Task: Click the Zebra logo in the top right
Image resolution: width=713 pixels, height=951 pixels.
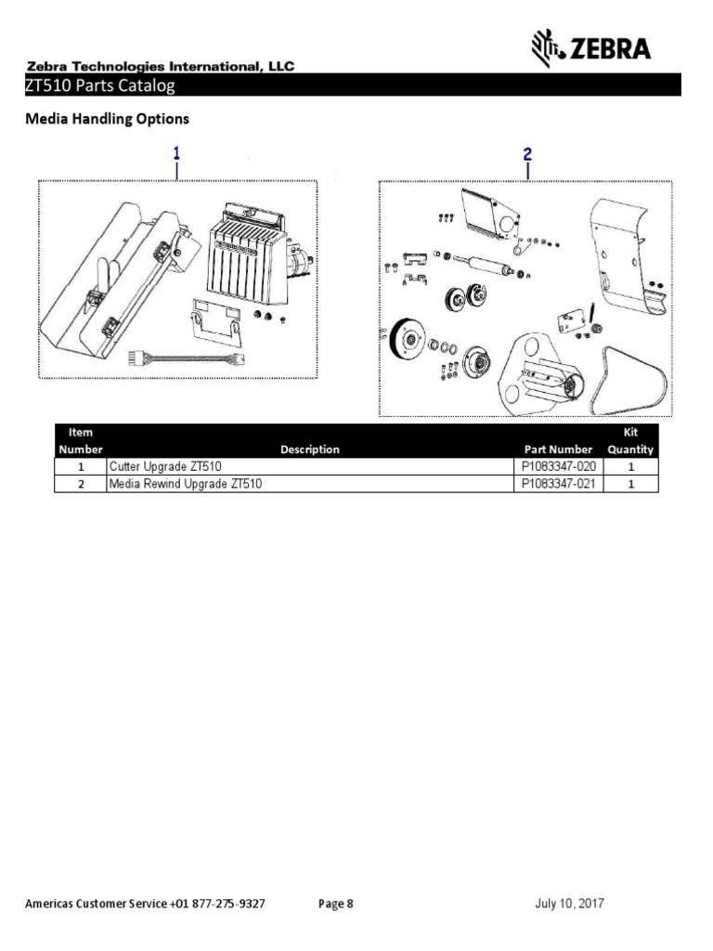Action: [x=590, y=47]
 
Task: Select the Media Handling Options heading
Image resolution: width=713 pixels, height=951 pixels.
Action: [x=107, y=119]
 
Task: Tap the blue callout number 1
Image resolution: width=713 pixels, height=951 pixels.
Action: [x=176, y=152]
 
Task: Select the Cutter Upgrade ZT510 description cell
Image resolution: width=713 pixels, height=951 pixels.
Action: [x=165, y=467]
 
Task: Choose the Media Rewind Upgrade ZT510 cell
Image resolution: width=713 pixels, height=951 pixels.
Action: [x=186, y=484]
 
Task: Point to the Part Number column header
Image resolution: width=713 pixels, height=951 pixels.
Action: [x=558, y=449]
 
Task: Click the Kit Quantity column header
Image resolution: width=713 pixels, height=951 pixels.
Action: [x=631, y=441]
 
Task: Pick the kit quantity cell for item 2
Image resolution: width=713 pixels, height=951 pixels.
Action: [x=631, y=484]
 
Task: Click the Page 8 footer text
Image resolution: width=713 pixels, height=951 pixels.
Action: [x=335, y=904]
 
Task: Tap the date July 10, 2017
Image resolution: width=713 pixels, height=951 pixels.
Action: [x=571, y=904]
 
